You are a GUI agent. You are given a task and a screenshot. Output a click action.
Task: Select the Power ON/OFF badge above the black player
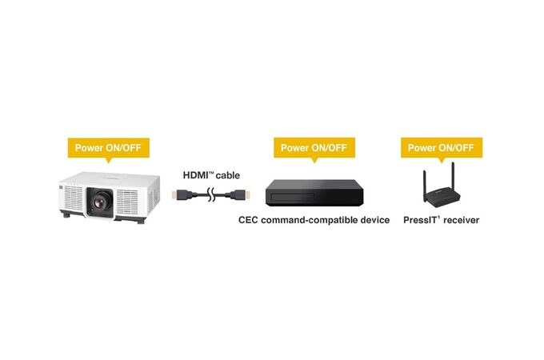tap(314, 147)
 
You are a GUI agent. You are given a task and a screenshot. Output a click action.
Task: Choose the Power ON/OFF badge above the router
tap(440, 147)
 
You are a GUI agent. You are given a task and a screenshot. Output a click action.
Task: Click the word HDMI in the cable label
tap(196, 174)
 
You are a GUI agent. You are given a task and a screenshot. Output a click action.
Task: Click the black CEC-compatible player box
tap(313, 193)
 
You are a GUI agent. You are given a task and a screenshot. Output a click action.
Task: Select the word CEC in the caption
tap(250, 219)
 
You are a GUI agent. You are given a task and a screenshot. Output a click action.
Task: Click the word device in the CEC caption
tap(372, 219)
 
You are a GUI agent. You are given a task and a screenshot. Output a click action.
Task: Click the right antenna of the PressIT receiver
tap(454, 177)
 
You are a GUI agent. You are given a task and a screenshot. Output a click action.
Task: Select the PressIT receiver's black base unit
tap(441, 198)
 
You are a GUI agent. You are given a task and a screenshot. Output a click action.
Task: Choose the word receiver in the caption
tap(460, 219)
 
